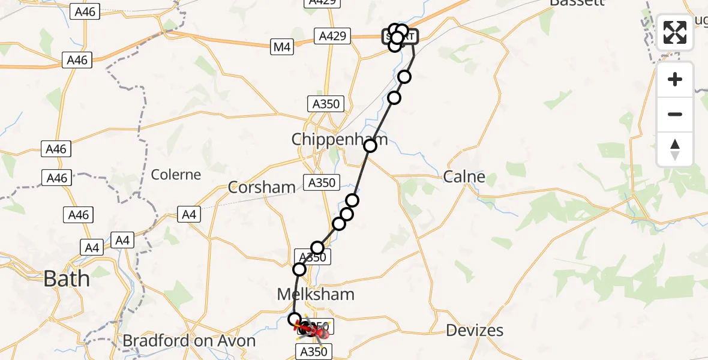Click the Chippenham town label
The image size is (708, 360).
pyautogui.click(x=338, y=140)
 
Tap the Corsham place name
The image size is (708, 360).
pyautogui.click(x=262, y=187)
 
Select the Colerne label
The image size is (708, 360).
pyautogui.click(x=176, y=175)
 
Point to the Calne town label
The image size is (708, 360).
pyautogui.click(x=464, y=176)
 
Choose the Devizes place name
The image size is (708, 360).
pyautogui.click(x=475, y=330)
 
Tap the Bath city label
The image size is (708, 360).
pyautogui.click(x=67, y=279)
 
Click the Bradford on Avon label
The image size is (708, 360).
pyautogui.click(x=189, y=341)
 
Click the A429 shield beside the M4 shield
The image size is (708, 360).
pyautogui.click(x=332, y=37)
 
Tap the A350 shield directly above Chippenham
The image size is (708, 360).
pyautogui.click(x=326, y=104)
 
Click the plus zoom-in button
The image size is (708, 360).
pyautogui.click(x=675, y=79)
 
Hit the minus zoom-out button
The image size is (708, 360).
pyautogui.click(x=675, y=114)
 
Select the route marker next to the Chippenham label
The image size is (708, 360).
pyautogui.click(x=370, y=145)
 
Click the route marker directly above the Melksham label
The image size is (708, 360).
pyautogui.click(x=299, y=270)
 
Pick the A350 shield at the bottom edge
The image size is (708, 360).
pyautogui.click(x=313, y=352)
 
